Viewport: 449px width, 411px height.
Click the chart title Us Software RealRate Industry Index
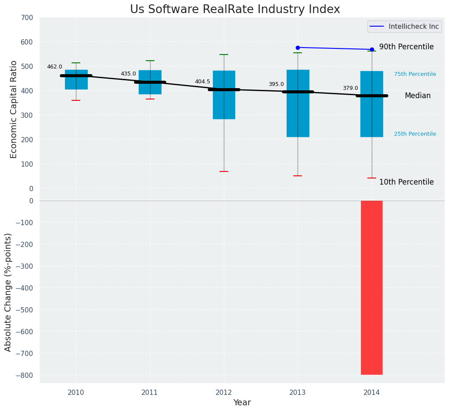(x=235, y=10)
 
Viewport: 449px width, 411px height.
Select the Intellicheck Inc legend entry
(x=404, y=27)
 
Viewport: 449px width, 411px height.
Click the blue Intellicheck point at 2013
(x=298, y=48)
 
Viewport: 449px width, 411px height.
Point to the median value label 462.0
(x=55, y=67)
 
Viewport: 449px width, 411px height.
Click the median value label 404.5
(x=202, y=82)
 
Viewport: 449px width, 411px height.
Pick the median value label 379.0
(x=350, y=88)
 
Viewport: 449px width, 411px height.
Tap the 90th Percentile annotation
(x=406, y=47)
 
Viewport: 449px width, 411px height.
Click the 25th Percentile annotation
(x=415, y=134)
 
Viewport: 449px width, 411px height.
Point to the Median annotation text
(x=418, y=96)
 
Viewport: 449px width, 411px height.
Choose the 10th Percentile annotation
(x=406, y=182)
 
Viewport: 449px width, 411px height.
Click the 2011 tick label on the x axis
(x=150, y=393)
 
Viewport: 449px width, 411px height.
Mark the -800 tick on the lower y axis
(x=24, y=375)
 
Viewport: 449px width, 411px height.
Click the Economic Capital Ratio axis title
(x=14, y=109)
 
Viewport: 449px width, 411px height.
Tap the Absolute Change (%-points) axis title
(x=8, y=292)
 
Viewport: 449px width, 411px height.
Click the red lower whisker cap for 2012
(x=224, y=171)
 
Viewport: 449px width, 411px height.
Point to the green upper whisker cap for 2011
(x=150, y=61)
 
